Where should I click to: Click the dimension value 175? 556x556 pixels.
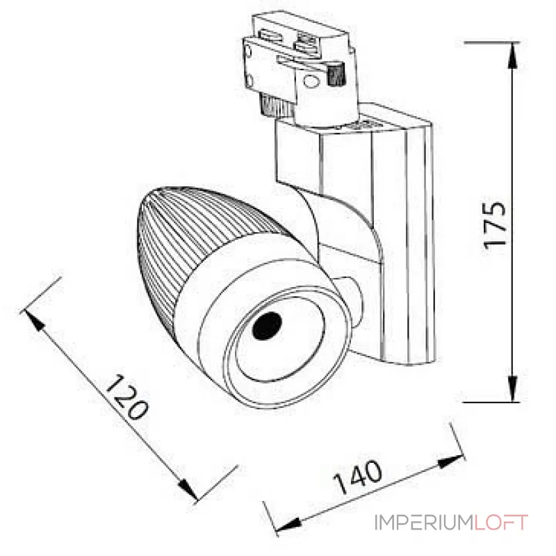click(495, 224)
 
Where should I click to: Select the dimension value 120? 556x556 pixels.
click(127, 398)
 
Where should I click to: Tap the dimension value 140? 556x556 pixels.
click(358, 477)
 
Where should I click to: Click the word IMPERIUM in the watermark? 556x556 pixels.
click(424, 523)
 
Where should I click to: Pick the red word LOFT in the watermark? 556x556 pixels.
click(502, 523)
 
